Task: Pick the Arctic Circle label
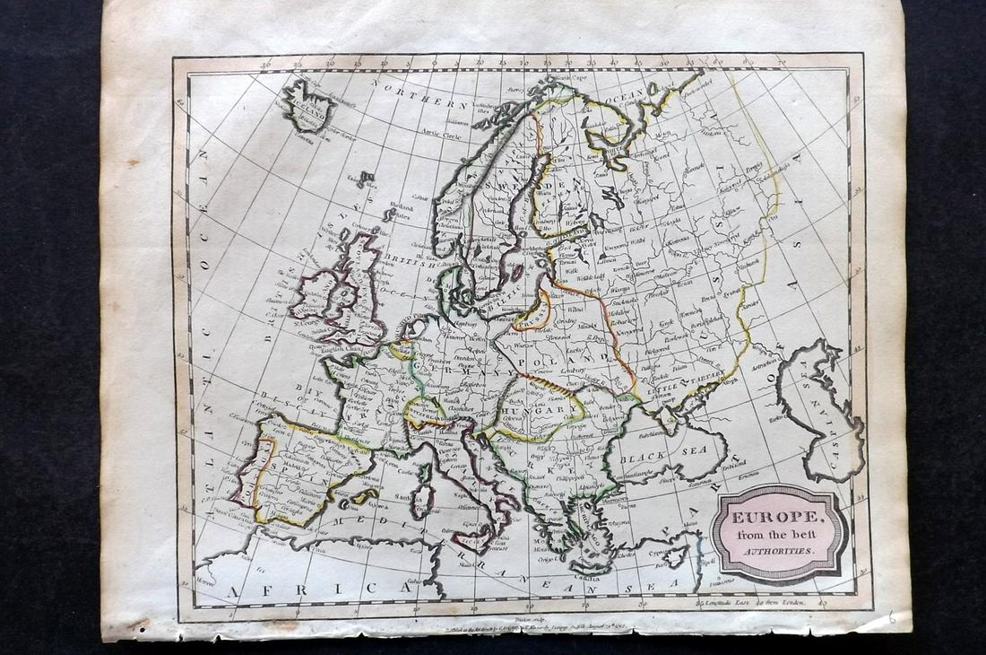[448, 135]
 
